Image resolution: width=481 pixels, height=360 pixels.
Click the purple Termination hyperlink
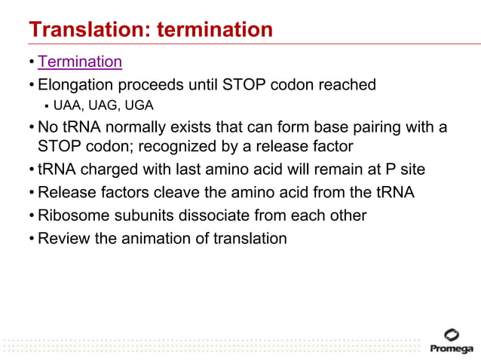coord(79,62)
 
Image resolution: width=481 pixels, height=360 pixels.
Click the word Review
coord(63,239)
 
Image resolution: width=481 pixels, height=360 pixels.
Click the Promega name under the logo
coord(451,349)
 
